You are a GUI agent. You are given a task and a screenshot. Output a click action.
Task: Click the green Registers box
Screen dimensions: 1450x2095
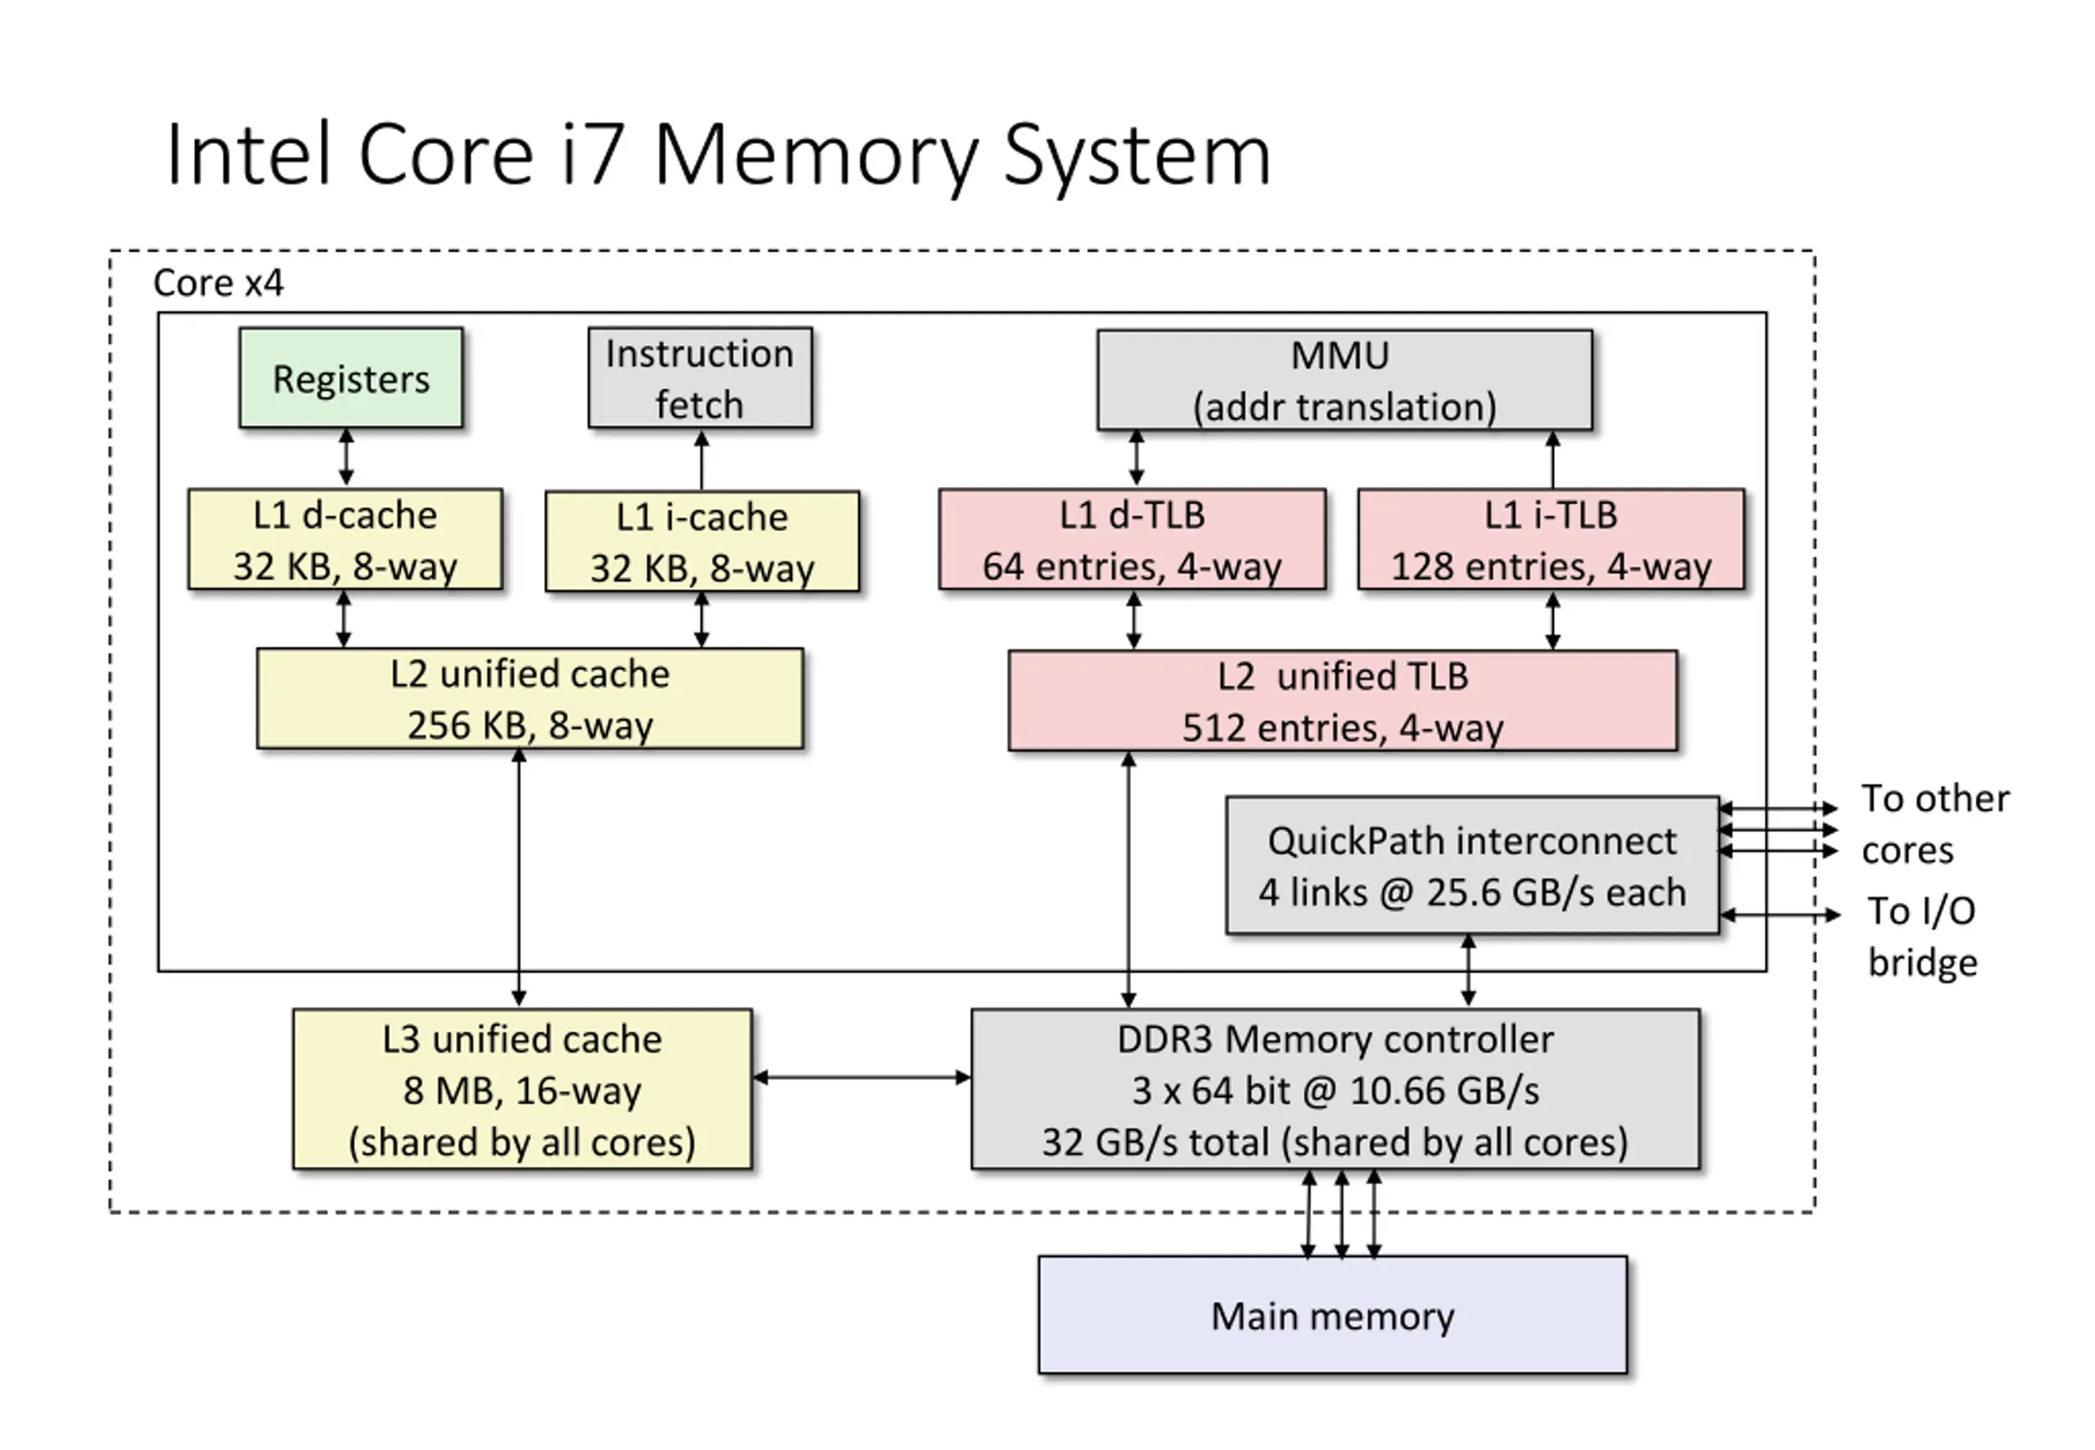pos(351,378)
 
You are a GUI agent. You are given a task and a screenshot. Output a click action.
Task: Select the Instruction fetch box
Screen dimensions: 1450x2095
pos(700,378)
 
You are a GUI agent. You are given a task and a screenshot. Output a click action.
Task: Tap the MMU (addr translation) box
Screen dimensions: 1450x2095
pos(1344,380)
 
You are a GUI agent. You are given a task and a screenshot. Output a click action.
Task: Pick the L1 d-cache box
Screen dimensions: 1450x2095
pos(345,540)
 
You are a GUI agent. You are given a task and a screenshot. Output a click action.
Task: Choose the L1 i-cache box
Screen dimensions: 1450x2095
pos(701,542)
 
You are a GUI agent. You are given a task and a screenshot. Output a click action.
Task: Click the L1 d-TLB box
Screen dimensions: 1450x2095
pos(1131,540)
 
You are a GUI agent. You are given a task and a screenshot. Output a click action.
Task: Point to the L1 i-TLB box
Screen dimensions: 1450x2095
pos(1550,540)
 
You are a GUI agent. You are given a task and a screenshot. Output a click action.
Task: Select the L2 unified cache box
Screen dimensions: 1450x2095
pos(529,699)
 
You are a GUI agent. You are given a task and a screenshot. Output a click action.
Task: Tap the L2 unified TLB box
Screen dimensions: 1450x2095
pos(1342,700)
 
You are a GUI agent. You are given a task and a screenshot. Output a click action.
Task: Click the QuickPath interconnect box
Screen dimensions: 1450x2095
pos(1471,865)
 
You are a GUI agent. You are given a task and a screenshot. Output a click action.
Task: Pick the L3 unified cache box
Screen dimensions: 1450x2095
pos(521,1088)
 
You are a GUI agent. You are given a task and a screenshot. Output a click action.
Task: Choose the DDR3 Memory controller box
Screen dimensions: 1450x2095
pos(1335,1088)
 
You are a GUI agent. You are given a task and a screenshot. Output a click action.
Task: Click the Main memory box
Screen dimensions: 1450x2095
pos(1331,1315)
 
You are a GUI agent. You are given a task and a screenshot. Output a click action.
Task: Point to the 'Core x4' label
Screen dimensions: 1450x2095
pos(218,282)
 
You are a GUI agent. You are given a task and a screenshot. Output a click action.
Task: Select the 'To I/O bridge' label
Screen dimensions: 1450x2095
pos(1921,936)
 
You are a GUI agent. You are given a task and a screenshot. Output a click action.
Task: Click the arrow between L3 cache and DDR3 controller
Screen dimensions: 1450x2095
pos(861,1078)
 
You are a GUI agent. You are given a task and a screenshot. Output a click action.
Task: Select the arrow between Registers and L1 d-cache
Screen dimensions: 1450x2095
pos(346,457)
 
